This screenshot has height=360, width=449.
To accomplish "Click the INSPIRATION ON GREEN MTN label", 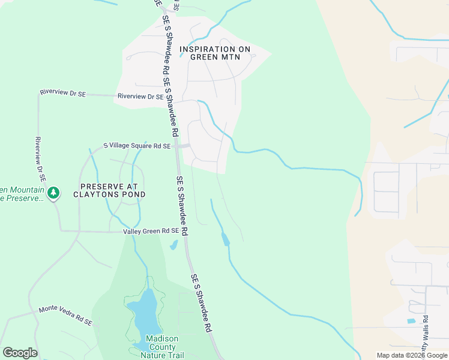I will coord(215,53).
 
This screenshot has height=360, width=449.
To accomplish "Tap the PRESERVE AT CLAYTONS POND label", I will coord(109,190).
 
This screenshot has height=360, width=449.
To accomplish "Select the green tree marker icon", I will coord(54,193).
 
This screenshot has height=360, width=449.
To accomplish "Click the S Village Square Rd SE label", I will coord(137,146).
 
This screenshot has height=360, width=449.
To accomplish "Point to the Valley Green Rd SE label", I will coord(151,231).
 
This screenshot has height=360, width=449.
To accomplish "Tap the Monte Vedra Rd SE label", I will coord(65,316).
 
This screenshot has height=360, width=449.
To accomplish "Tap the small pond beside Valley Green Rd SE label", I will coord(173,245).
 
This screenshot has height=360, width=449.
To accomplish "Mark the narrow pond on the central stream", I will coord(225,239).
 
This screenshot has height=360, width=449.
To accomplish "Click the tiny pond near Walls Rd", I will coord(411,321).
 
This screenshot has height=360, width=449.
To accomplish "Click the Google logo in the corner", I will coord(20,353).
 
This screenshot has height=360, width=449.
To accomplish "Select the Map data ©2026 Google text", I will coord(411,355).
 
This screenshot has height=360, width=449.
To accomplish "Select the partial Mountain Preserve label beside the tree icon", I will coord(22,194).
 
